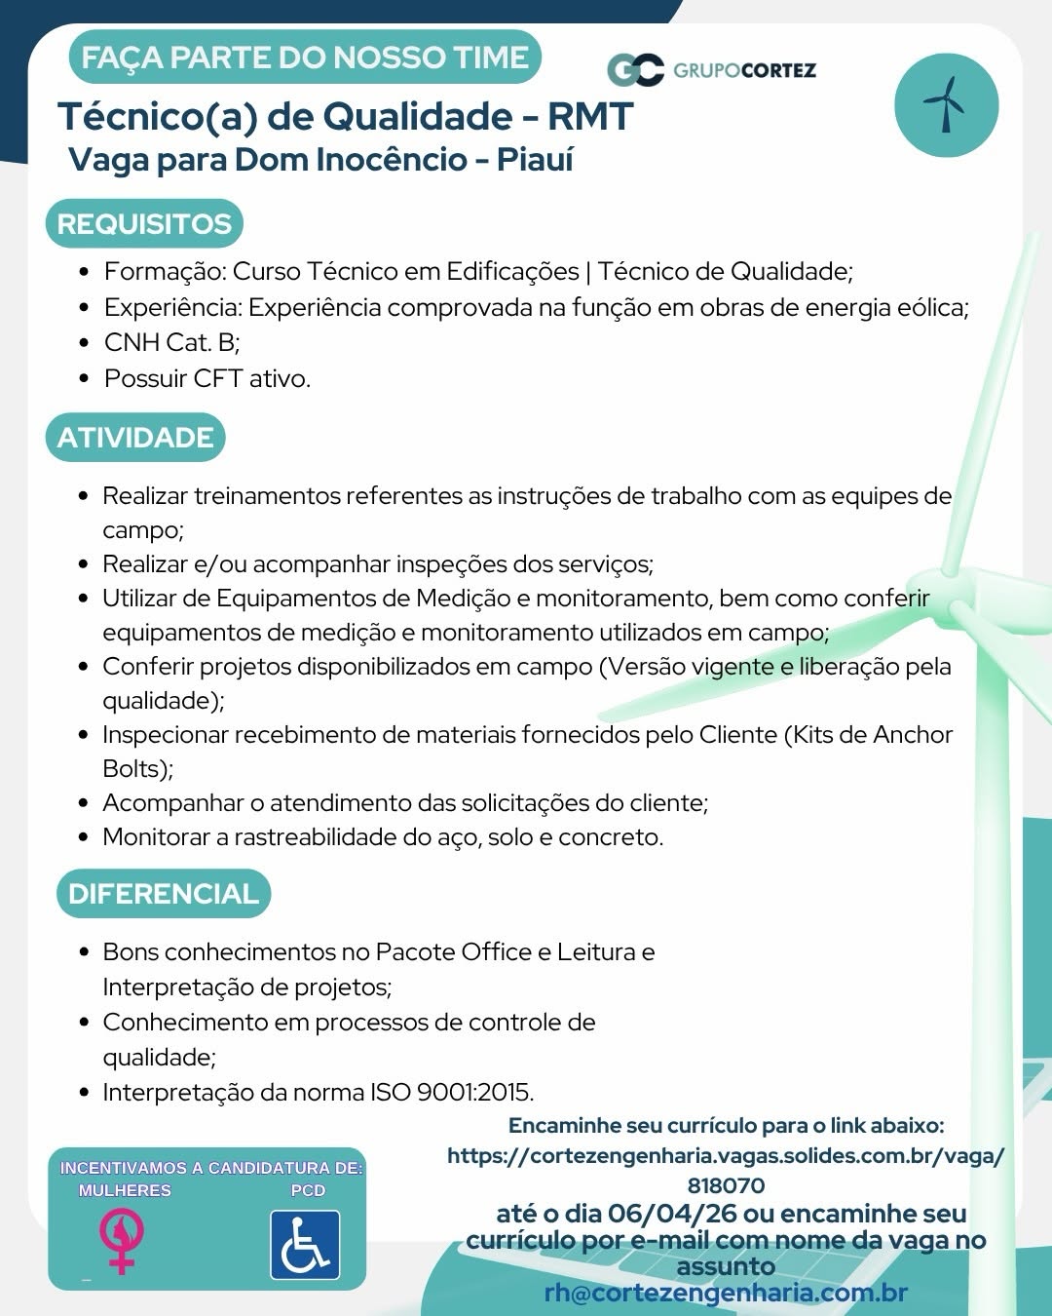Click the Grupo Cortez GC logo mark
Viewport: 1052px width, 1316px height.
pyautogui.click(x=635, y=70)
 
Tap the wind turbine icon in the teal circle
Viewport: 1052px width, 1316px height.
pyautogui.click(x=946, y=104)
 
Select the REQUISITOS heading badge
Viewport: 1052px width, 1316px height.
pyautogui.click(x=144, y=224)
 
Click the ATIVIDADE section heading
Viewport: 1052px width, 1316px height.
pyautogui.click(x=135, y=438)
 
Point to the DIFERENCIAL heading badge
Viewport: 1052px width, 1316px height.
pyautogui.click(x=163, y=894)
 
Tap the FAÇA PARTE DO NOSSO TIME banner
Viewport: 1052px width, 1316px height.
pyautogui.click(x=305, y=58)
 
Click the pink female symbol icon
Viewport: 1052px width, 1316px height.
pyautogui.click(x=122, y=1240)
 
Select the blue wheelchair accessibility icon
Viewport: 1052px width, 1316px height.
pyautogui.click(x=305, y=1245)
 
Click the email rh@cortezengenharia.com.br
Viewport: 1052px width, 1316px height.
pyautogui.click(x=726, y=1293)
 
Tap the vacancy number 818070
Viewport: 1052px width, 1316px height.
pyautogui.click(x=726, y=1185)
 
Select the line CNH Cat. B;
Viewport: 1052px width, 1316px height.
pyautogui.click(x=172, y=342)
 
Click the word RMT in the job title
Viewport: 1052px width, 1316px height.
pyautogui.click(x=590, y=117)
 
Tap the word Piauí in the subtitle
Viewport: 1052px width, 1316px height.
pyautogui.click(x=535, y=160)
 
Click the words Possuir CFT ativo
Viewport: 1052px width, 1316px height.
pyautogui.click(x=207, y=378)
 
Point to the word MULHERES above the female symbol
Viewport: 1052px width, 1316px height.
pyautogui.click(x=125, y=1190)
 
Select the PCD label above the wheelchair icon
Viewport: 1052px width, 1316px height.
pyautogui.click(x=308, y=1190)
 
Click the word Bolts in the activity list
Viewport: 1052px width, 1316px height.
pyautogui.click(x=135, y=769)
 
